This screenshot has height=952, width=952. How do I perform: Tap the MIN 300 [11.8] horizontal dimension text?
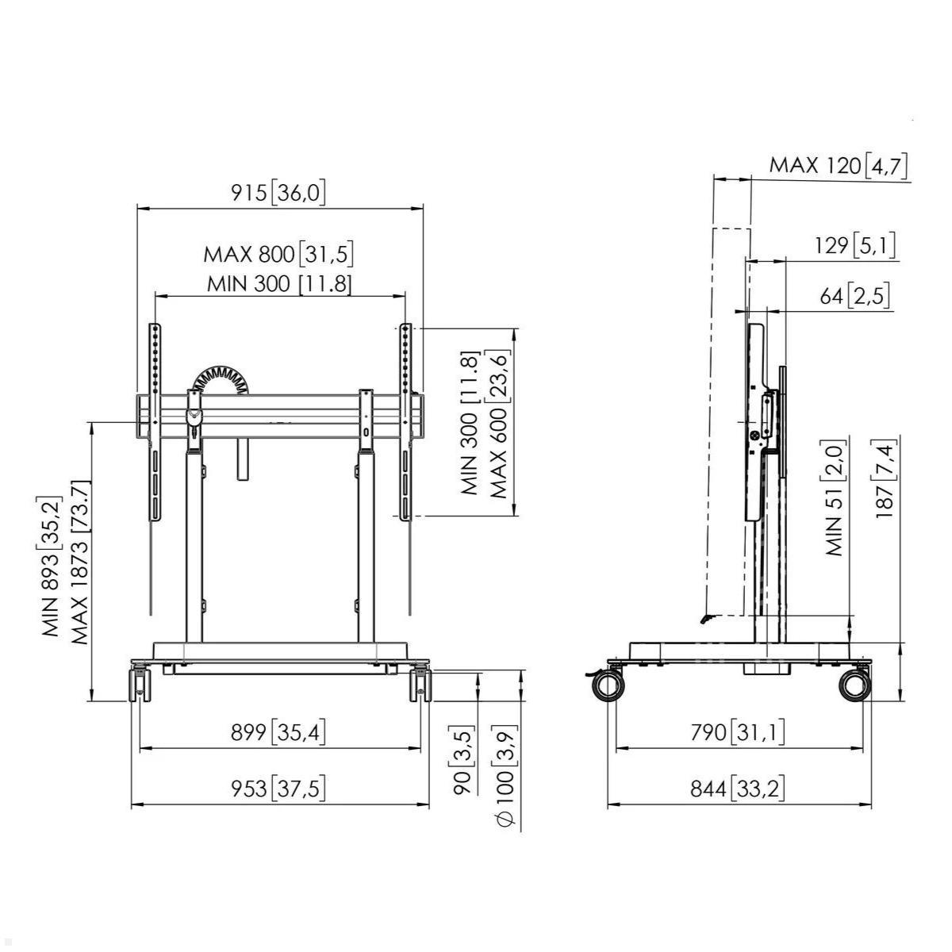click(x=279, y=283)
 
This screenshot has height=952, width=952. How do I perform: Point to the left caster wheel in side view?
click(x=608, y=685)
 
